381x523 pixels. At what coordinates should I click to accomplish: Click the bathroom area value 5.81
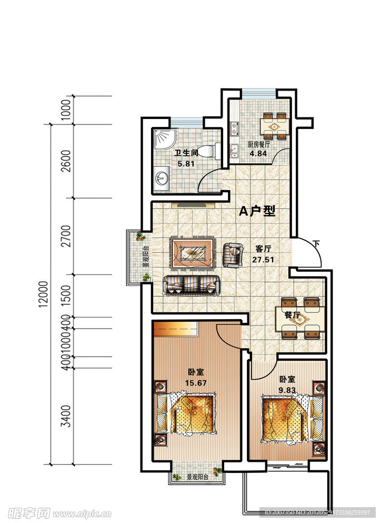pyautogui.click(x=186, y=164)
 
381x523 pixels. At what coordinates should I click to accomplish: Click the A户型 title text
pyautogui.click(x=257, y=212)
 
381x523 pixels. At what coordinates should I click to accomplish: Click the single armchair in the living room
pyautogui.click(x=233, y=254)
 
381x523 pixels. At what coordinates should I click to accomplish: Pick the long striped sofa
pyautogui.click(x=192, y=285)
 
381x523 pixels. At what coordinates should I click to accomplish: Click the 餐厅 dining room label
pyautogui.click(x=292, y=315)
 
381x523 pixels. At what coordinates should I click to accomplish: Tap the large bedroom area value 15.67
pyautogui.click(x=195, y=383)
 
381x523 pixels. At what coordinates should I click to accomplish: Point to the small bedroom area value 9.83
pyautogui.click(x=287, y=390)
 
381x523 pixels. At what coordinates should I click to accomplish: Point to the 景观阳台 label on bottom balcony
pyautogui.click(x=197, y=478)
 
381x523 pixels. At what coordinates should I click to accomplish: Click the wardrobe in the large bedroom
pyautogui.click(x=176, y=329)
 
